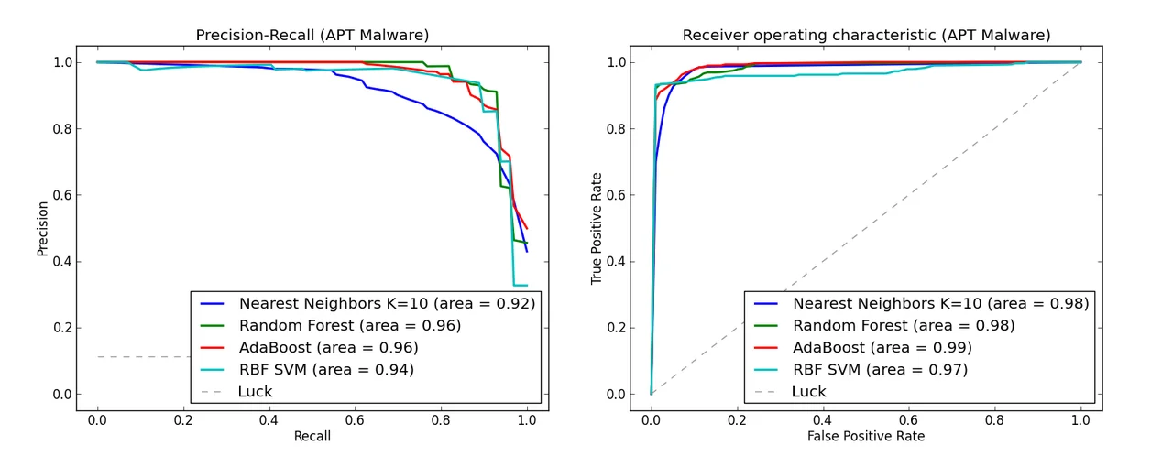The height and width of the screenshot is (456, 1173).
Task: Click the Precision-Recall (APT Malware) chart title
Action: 312,36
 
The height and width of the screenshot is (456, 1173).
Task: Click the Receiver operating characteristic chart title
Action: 866,36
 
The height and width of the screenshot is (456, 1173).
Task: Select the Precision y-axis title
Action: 42,228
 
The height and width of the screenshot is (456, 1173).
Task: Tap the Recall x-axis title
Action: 312,436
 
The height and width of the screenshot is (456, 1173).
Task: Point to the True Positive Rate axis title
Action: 597,228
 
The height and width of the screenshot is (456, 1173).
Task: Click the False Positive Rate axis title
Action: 866,436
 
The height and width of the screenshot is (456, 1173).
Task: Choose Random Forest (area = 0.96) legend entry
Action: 349,325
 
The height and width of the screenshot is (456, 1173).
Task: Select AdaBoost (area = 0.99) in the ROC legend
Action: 882,347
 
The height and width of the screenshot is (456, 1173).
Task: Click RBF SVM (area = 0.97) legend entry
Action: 880,369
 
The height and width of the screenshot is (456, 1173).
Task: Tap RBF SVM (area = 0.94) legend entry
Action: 326,369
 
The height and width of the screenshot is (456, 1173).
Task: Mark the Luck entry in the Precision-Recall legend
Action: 255,391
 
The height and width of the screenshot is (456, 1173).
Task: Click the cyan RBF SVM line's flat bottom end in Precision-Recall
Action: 521,285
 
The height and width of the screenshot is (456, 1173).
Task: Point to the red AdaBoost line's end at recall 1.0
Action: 527,228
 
